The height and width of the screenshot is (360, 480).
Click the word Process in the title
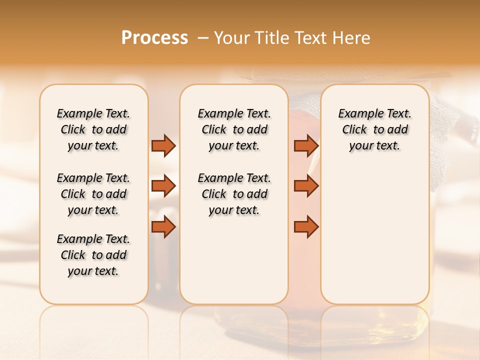[x=154, y=38]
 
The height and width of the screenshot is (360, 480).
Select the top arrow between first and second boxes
[x=163, y=145]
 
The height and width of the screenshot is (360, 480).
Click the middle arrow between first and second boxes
[x=163, y=186]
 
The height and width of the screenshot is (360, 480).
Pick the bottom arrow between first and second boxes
[x=163, y=227]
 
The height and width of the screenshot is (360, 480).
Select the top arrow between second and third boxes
[x=306, y=145]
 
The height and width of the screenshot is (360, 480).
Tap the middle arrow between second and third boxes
[x=306, y=186]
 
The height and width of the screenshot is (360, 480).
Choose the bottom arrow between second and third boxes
[x=306, y=227]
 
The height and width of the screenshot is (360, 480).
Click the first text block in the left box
[x=93, y=129]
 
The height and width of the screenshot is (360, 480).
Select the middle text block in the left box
[x=93, y=194]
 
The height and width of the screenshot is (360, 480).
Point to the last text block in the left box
[x=93, y=255]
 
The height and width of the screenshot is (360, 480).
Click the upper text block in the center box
[x=234, y=129]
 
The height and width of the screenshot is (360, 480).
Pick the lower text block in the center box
[x=234, y=194]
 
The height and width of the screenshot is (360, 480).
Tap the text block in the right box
[x=374, y=129]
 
